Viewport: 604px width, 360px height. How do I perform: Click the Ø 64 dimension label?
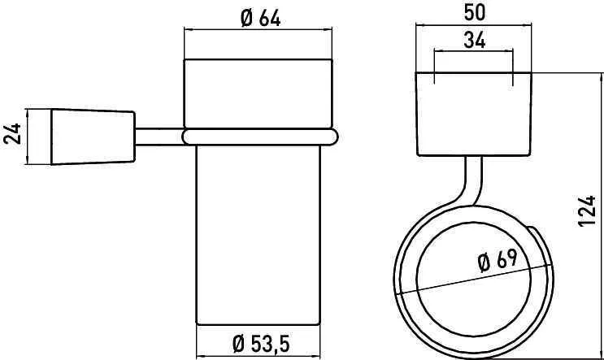click(x=260, y=18)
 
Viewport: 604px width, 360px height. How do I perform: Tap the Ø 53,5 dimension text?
click(x=261, y=344)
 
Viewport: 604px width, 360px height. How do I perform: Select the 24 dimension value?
click(x=13, y=133)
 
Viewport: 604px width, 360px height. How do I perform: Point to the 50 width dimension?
click(x=474, y=13)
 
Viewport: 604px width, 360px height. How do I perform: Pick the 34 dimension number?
click(x=475, y=40)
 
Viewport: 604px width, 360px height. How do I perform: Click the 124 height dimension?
click(x=587, y=210)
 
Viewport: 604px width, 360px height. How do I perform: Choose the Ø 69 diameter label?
click(x=497, y=260)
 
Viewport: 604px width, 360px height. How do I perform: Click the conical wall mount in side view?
click(x=93, y=137)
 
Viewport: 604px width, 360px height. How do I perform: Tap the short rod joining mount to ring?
click(x=159, y=137)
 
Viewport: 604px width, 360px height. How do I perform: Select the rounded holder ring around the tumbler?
click(x=260, y=137)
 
